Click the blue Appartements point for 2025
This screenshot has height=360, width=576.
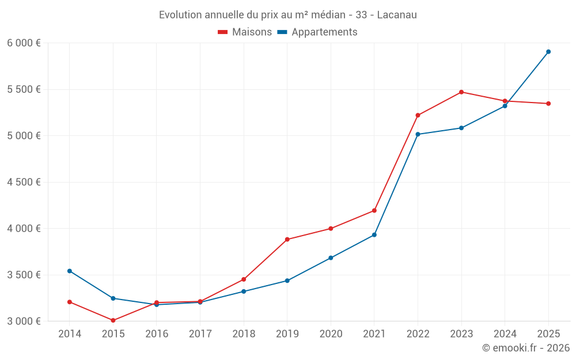[x=548, y=52]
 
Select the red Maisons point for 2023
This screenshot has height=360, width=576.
[x=461, y=92]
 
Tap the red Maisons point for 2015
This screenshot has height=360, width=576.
[x=113, y=320]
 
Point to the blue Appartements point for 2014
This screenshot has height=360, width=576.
[x=70, y=271]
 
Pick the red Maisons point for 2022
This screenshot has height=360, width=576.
[x=418, y=115]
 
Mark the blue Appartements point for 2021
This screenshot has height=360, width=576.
[x=374, y=235]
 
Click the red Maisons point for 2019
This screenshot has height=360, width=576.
[x=287, y=240]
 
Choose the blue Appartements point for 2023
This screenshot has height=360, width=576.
[x=461, y=128]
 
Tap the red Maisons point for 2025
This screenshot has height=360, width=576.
[x=548, y=104]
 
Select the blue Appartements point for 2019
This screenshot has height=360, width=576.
[x=287, y=281]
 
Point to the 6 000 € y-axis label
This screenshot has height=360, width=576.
[x=24, y=43]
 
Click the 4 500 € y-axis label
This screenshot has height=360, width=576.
[x=24, y=182]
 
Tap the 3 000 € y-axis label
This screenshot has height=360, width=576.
[x=24, y=321]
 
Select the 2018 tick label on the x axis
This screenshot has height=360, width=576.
[x=244, y=334]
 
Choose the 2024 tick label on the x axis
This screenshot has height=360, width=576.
[x=505, y=334]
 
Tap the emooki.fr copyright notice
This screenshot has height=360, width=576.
[x=525, y=348]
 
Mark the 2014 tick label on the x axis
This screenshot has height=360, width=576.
[x=70, y=334]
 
